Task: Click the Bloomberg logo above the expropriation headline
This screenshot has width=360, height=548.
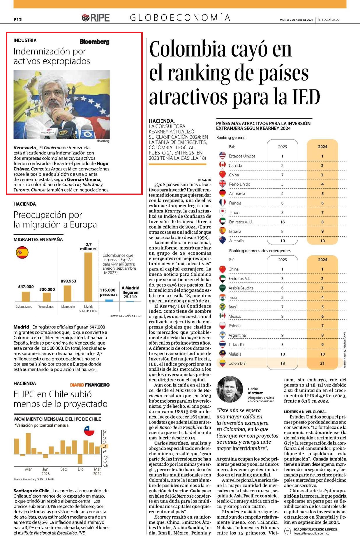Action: (x=95, y=42)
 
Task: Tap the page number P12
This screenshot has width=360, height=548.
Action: (x=17, y=20)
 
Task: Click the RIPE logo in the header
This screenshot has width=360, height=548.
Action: (x=96, y=18)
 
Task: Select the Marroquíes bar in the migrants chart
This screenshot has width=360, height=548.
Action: (x=68, y=293)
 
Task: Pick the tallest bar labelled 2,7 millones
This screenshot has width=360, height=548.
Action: (x=88, y=277)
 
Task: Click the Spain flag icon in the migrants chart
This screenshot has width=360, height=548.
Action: (x=22, y=252)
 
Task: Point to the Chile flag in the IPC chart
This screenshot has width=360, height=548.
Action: (x=89, y=431)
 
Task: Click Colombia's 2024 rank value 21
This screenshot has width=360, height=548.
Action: (x=322, y=363)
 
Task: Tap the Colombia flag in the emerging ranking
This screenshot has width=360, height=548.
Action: (x=223, y=363)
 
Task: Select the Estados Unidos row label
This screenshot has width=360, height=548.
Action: (x=242, y=156)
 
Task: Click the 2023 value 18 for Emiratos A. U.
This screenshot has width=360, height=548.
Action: (x=282, y=222)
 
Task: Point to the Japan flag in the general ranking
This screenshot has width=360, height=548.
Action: (x=223, y=212)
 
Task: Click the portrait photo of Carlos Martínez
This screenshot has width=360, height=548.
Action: (x=230, y=389)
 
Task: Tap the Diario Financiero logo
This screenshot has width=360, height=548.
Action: (x=90, y=385)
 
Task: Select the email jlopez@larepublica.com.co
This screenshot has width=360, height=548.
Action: (x=311, y=533)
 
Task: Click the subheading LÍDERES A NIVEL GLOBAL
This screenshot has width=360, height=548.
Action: (x=305, y=412)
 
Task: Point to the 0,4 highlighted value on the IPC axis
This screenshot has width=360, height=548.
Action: (x=105, y=446)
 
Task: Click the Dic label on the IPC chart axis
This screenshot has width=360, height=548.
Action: (x=80, y=469)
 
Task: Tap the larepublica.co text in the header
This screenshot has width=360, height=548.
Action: (x=328, y=20)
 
